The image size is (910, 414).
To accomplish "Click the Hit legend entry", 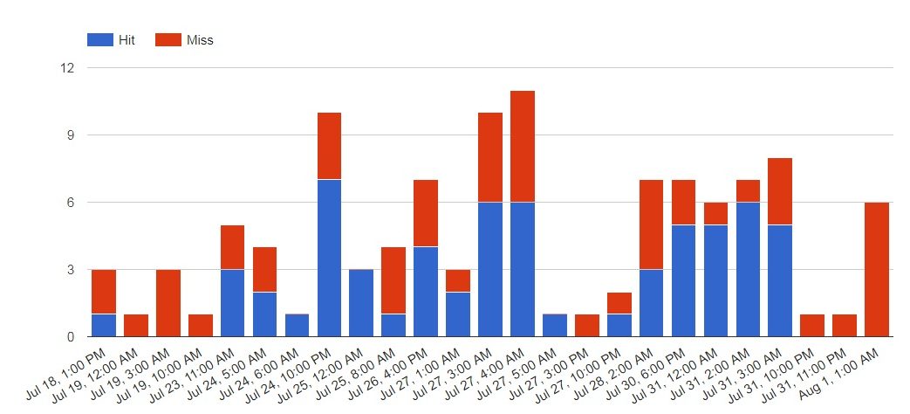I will (111, 40).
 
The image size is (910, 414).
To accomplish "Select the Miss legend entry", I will (184, 40).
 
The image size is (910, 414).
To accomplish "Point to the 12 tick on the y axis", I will (68, 68).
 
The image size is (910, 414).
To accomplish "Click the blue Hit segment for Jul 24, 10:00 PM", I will (329, 258).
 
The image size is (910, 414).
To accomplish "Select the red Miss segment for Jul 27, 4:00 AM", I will (523, 147).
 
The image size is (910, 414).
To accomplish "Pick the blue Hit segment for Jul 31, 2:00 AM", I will (749, 269).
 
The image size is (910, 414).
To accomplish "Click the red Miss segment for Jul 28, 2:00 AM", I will (652, 224).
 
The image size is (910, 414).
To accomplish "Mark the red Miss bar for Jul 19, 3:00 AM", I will (168, 303).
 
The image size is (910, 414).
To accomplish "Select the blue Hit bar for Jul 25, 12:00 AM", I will (361, 303).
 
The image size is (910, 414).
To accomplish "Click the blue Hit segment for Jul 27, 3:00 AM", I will (490, 269).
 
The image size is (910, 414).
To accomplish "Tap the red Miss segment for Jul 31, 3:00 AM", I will (781, 191).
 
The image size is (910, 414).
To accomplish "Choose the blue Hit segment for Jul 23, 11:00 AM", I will (233, 303).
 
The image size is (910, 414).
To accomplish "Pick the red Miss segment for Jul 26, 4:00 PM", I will (426, 213).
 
